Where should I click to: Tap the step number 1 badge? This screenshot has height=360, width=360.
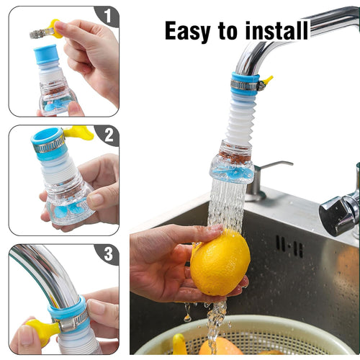point(107,15)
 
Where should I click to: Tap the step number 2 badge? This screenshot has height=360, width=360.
point(107,135)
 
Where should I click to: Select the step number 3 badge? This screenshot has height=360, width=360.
point(107,253)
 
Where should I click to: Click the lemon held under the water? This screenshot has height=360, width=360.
point(220,263)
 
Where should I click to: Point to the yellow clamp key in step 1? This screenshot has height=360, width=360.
point(53,29)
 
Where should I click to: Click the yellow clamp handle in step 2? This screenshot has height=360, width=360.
point(78,132)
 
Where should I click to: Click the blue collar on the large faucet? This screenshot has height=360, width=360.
point(245,77)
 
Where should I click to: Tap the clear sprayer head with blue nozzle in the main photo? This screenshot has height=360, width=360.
point(231,167)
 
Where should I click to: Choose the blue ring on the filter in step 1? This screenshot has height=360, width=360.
point(47,53)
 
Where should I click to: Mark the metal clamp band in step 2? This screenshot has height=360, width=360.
point(49,146)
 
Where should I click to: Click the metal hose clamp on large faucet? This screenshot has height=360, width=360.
point(245,86)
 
